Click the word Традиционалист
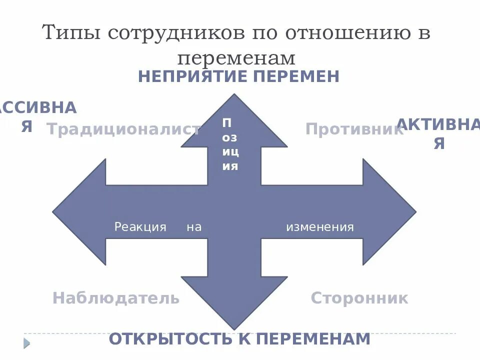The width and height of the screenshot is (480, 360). [123, 129]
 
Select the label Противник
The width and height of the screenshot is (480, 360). [354, 129]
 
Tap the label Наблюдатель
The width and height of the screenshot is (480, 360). [115, 298]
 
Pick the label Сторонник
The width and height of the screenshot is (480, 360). [359, 298]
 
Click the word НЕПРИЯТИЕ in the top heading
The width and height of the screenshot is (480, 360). [192, 76]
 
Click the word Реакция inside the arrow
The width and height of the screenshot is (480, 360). [140, 227]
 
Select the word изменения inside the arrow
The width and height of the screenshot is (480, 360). [319, 227]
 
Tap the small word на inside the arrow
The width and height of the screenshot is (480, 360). [194, 227]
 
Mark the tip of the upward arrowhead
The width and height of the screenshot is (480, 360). [234, 95]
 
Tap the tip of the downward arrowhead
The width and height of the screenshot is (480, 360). [234, 328]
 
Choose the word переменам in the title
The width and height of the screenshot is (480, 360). [236, 58]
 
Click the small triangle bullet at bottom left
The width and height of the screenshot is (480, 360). [27, 343]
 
